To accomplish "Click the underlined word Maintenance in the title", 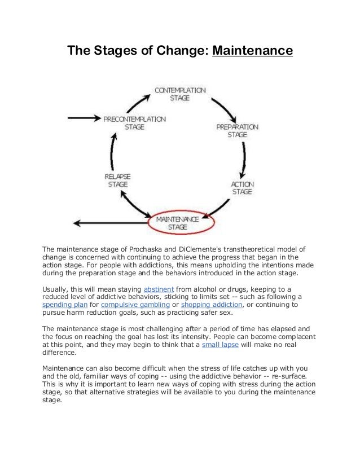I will (252, 51).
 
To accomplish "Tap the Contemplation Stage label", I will (180, 94).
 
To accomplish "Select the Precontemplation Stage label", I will (134, 123).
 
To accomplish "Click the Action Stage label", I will (243, 188).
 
